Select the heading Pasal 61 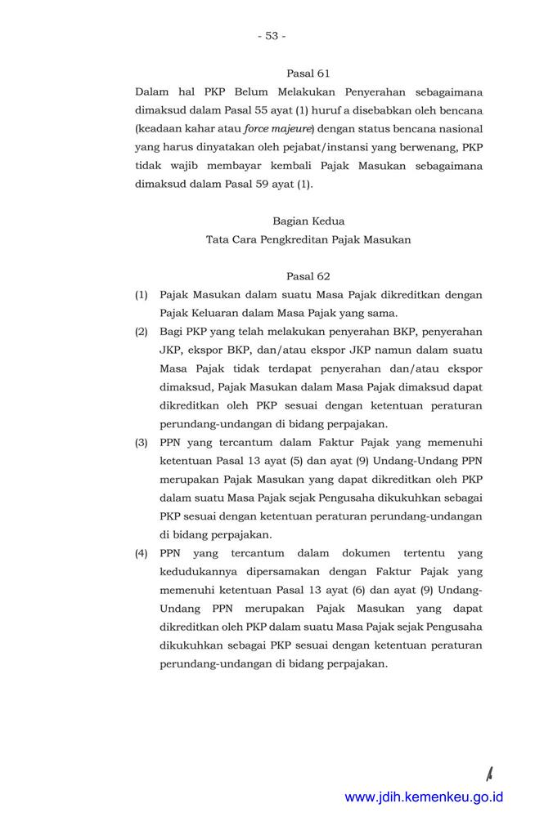coord(308,74)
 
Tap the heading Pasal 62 coord(308,276)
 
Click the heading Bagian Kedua coord(308,221)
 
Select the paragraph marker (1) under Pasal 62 coord(142,295)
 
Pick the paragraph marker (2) coord(142,332)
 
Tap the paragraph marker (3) coord(142,444)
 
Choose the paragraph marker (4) coord(142,553)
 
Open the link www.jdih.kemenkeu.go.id coord(424,797)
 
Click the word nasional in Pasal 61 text coord(459,128)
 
